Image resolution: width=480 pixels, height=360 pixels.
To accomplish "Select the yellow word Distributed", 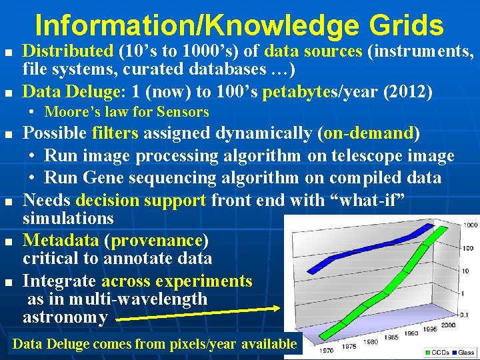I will (x=68, y=51).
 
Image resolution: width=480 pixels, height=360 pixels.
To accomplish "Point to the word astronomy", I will (x=65, y=317).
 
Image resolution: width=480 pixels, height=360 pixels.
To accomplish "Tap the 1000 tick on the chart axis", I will (x=471, y=225).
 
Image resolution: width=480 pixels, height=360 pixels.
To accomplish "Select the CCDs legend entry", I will (x=440, y=352).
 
